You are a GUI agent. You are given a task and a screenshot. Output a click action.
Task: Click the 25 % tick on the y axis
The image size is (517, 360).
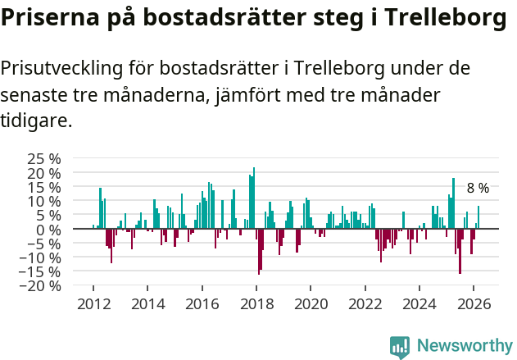pyautogui.click(x=43, y=158)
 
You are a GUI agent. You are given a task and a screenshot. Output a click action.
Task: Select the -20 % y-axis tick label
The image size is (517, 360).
pyautogui.click(x=41, y=286)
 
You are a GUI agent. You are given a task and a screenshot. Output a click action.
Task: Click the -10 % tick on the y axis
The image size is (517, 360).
pyautogui.click(x=41, y=257)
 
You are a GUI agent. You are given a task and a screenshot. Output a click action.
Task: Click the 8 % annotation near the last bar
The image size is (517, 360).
pyautogui.click(x=478, y=189)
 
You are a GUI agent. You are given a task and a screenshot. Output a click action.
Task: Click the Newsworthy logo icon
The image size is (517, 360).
pyautogui.click(x=400, y=347)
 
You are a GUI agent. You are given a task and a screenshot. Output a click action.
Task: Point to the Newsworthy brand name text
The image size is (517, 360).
pyautogui.click(x=465, y=347)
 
